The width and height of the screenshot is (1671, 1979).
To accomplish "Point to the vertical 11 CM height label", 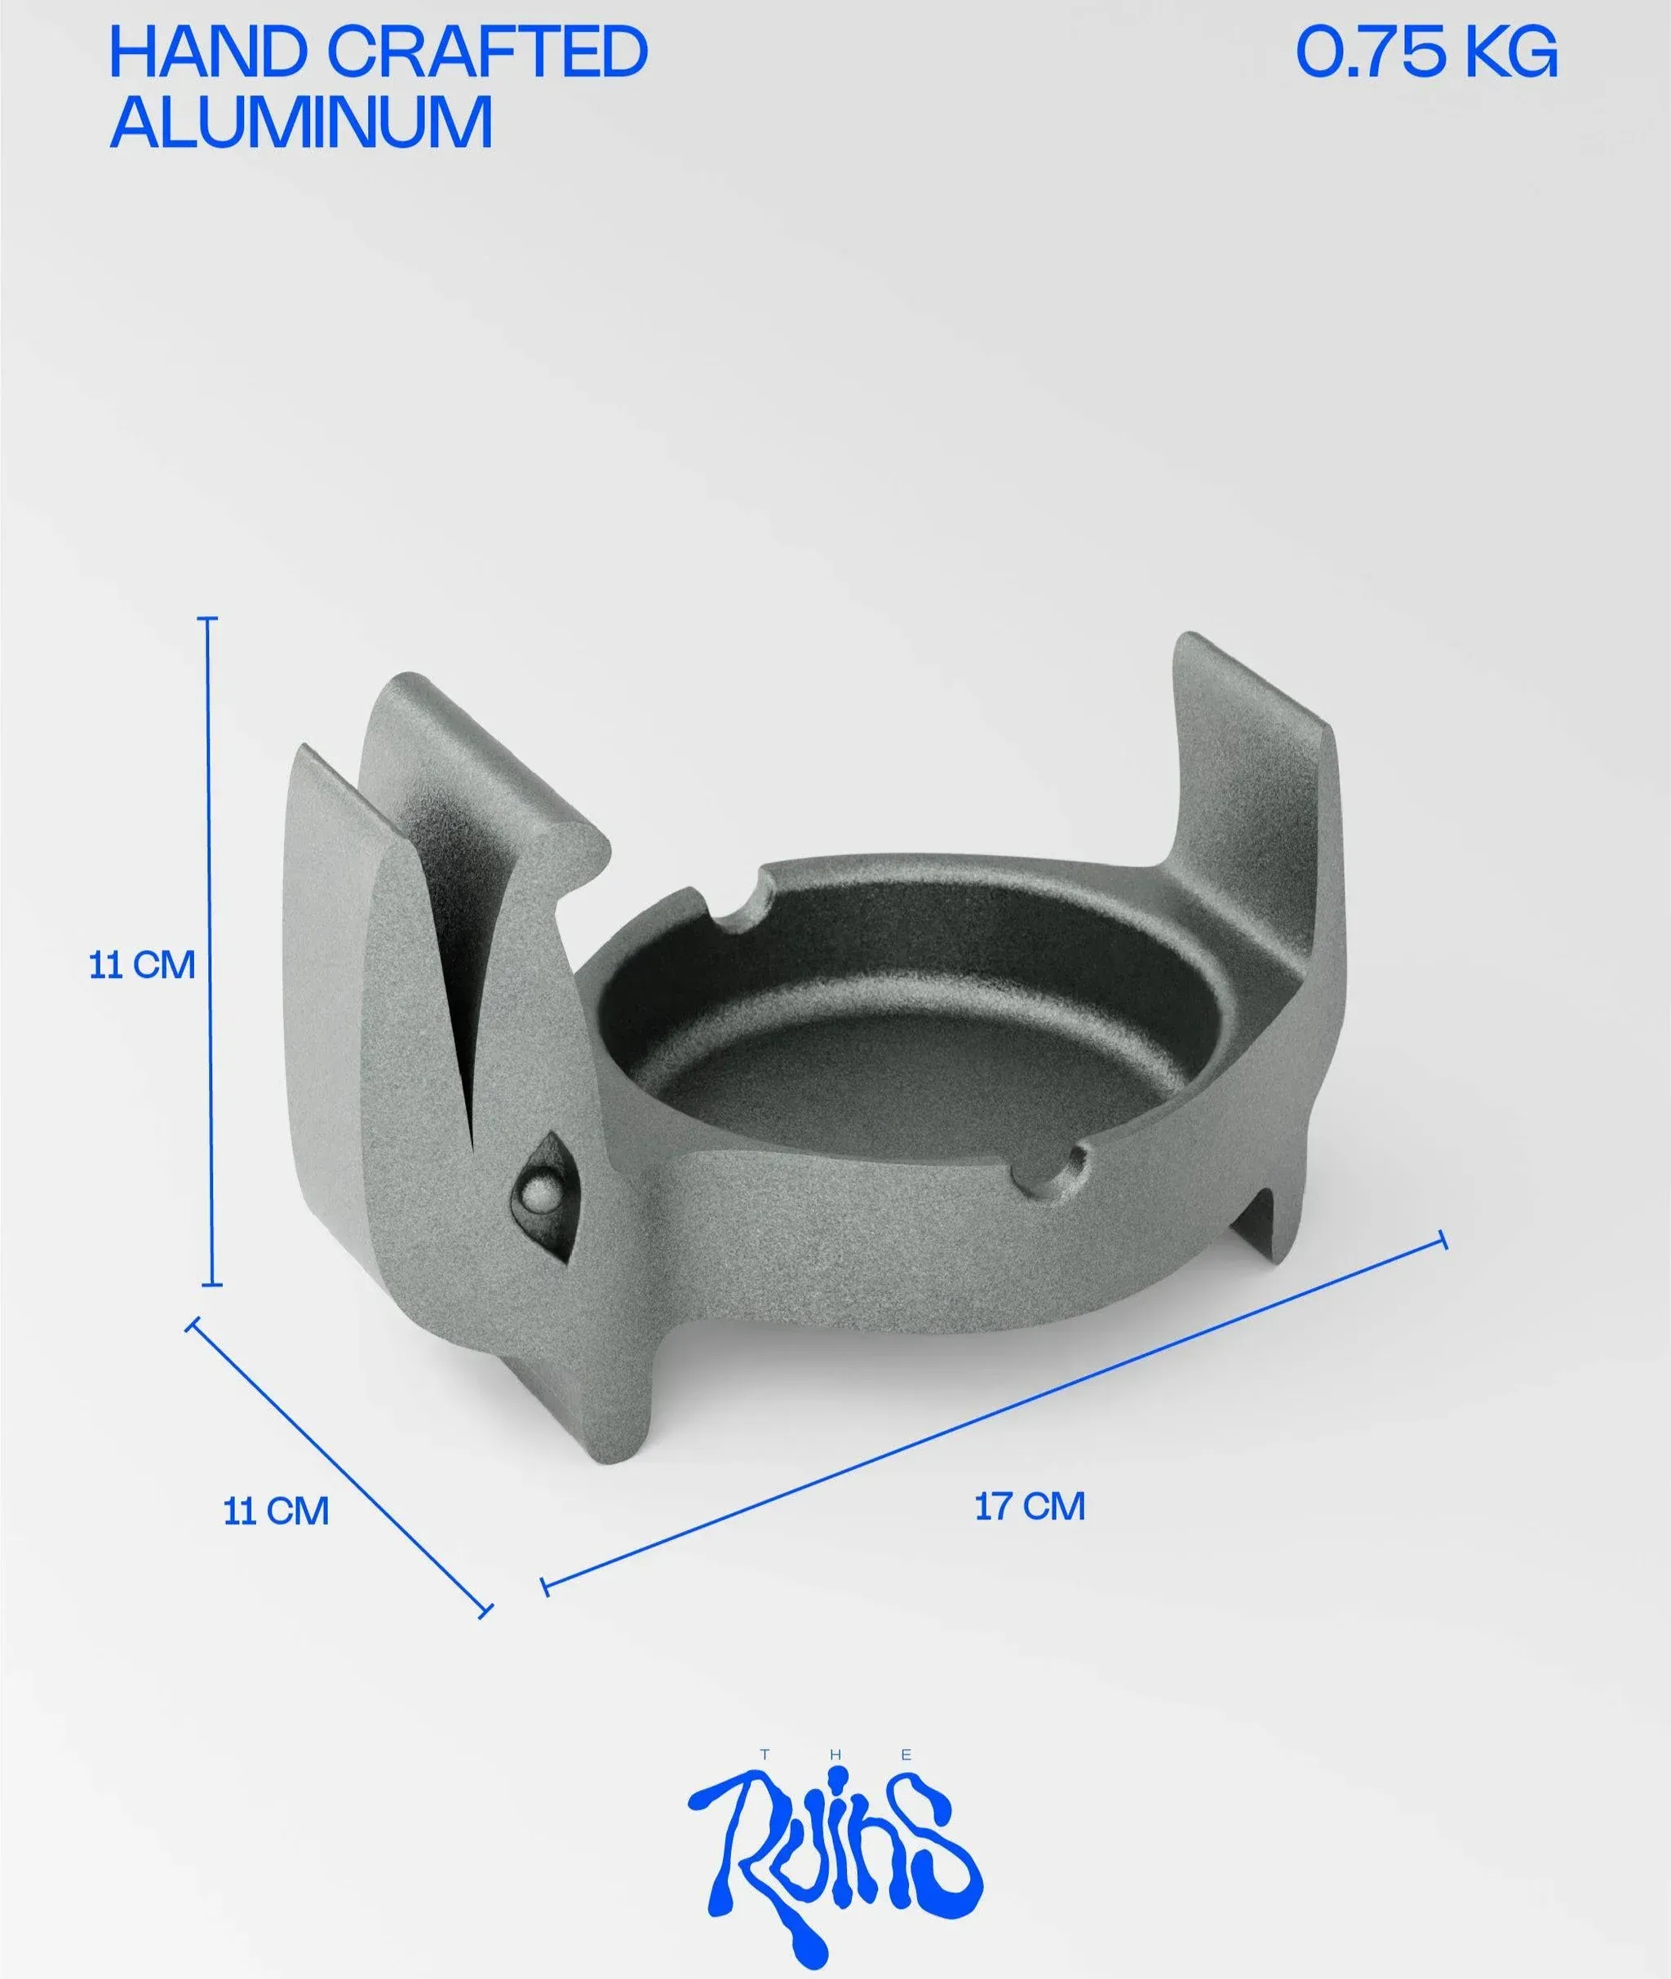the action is click(142, 965).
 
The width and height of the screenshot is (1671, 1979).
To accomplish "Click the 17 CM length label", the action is click(1030, 1506).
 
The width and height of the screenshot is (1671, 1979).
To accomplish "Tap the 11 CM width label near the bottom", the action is click(276, 1510).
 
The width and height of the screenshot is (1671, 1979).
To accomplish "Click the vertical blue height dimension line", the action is click(211, 952).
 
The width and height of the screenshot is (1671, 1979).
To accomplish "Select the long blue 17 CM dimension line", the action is click(993, 1414).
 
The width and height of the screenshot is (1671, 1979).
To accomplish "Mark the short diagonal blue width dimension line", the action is click(339, 1465).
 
